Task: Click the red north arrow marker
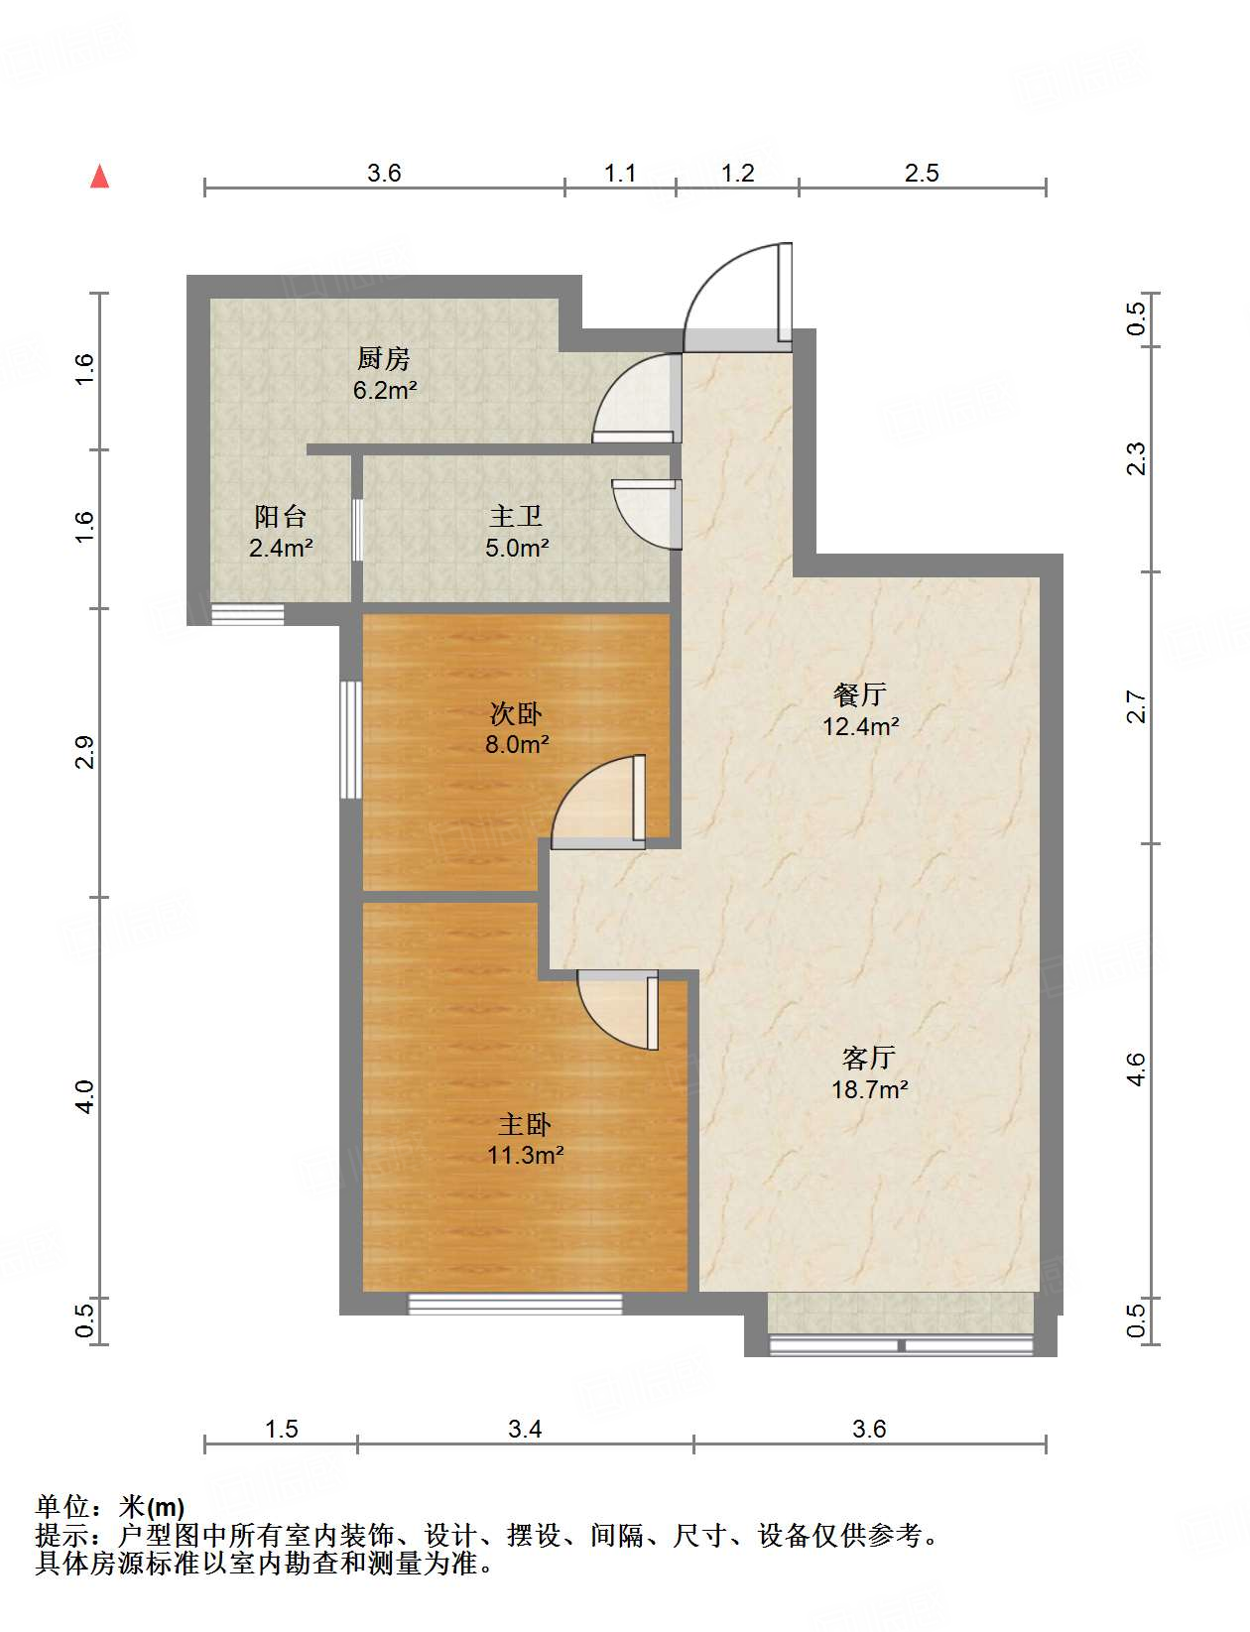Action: [x=100, y=177]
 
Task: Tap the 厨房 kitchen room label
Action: [x=383, y=358]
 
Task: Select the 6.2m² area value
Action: [x=384, y=390]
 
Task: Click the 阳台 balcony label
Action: [x=280, y=516]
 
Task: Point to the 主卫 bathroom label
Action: [x=516, y=516]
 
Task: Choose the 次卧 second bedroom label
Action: [x=516, y=712]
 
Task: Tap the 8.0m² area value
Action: [x=517, y=744]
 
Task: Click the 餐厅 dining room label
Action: [x=859, y=693]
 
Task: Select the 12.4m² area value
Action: [x=860, y=726]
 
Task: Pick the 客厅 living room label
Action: [x=869, y=1059]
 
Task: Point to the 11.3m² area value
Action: [x=525, y=1155]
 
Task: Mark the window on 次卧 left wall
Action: [x=350, y=739]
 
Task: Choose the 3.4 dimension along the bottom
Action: [x=525, y=1429]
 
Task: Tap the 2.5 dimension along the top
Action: [x=922, y=173]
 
